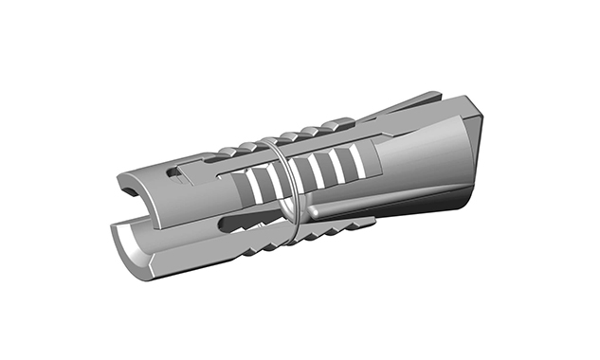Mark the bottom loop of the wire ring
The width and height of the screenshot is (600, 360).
(x=295, y=236)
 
